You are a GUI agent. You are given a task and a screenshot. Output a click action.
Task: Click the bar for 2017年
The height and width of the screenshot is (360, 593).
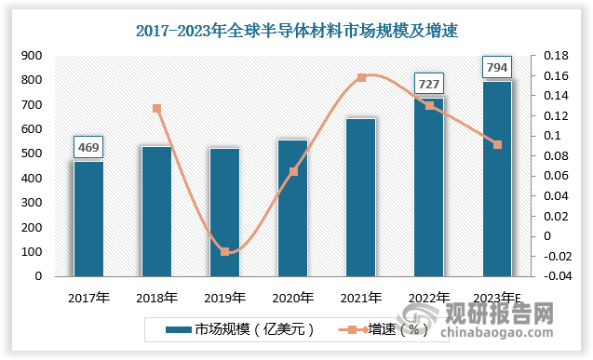[x=89, y=219]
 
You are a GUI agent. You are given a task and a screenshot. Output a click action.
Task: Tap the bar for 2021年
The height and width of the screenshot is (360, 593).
[x=361, y=197]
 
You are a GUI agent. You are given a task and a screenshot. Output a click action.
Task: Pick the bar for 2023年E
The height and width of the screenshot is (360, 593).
[x=497, y=179]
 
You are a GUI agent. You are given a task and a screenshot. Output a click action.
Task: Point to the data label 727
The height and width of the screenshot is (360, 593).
[x=429, y=82]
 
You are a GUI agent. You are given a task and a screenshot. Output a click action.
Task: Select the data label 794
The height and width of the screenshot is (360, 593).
[x=497, y=66]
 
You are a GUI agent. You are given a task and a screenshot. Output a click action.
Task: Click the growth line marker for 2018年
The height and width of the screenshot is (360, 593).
[x=157, y=109]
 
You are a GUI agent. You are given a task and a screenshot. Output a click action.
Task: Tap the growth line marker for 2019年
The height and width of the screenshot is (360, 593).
[x=224, y=252]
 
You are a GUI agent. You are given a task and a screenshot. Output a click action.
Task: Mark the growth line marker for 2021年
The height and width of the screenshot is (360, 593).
[x=361, y=77]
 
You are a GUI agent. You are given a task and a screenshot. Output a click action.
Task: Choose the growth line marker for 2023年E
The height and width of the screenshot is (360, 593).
[x=497, y=144]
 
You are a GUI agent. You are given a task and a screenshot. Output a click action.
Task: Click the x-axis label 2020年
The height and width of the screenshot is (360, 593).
[x=292, y=298]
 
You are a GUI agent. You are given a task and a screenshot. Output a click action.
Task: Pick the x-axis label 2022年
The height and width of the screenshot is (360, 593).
[x=429, y=298]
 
